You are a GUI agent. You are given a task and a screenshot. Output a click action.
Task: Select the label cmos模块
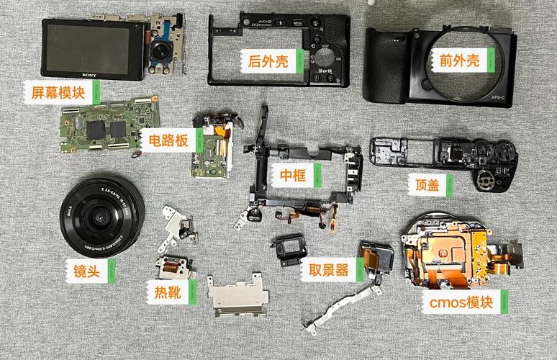460,302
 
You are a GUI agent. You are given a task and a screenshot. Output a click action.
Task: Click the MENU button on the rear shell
298,23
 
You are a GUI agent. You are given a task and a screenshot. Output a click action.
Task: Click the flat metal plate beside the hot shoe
237,296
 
